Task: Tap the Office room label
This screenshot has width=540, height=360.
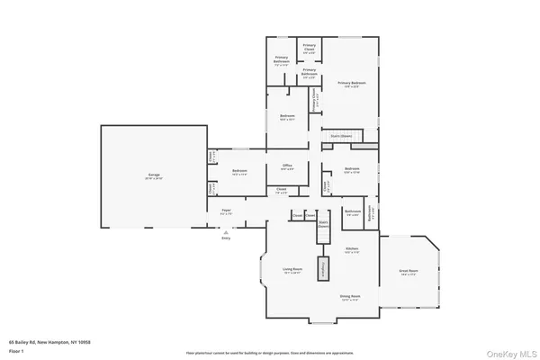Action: click(288, 166)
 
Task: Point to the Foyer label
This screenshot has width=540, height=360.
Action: click(226, 211)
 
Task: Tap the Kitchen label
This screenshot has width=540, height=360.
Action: click(353, 248)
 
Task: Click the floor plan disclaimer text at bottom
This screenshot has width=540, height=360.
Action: click(270, 353)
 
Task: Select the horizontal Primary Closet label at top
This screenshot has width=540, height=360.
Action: click(309, 47)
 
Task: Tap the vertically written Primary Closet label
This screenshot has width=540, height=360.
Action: click(314, 101)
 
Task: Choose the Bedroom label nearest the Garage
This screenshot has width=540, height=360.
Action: click(238, 171)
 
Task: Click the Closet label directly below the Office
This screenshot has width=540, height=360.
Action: click(282, 189)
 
